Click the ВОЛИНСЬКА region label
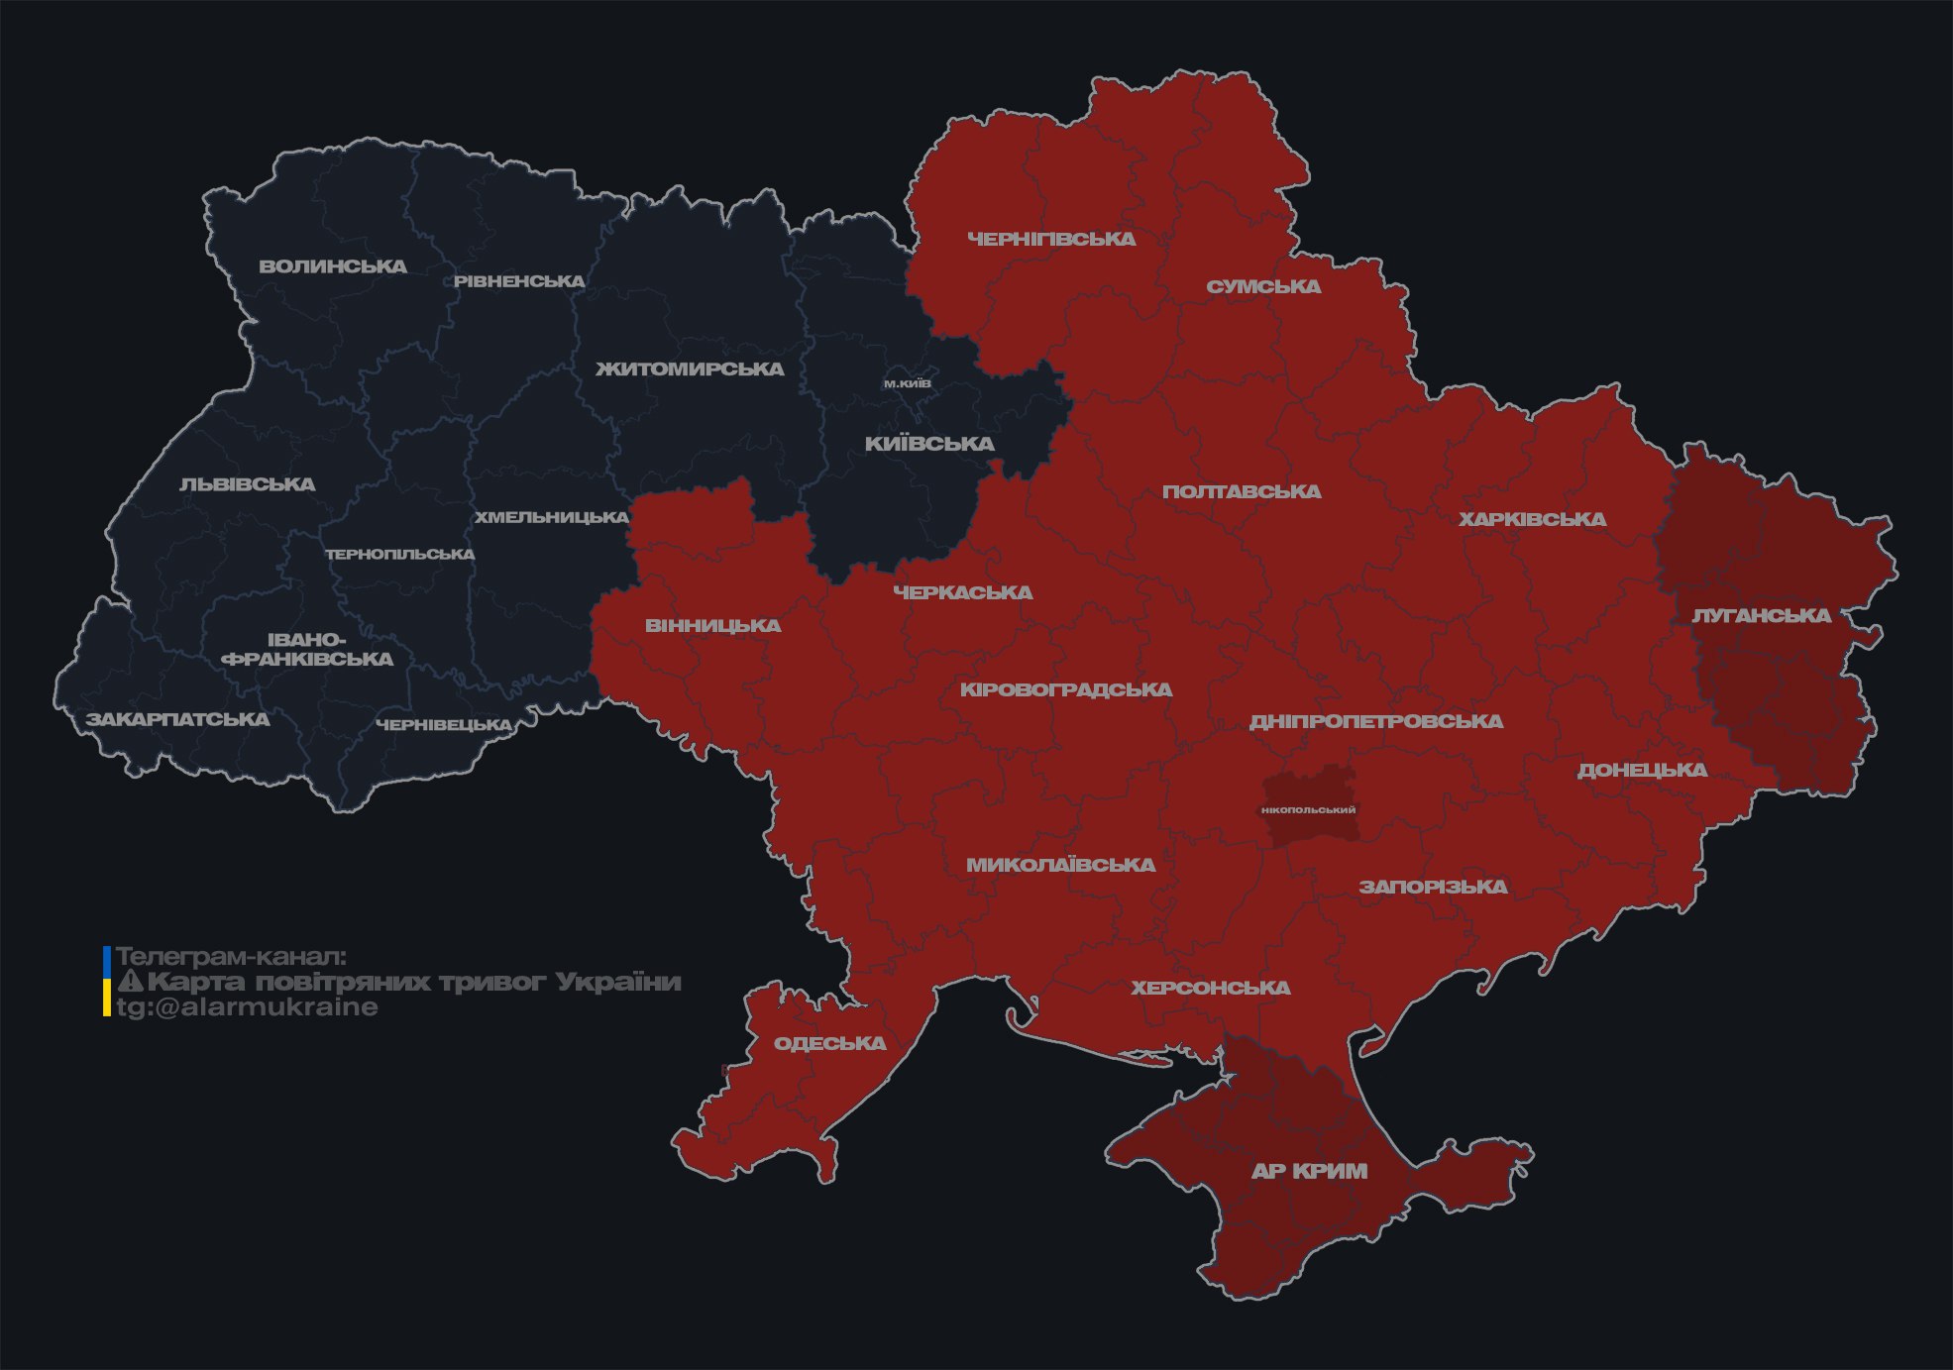point(333,266)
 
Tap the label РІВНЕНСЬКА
point(519,281)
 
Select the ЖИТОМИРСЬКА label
point(690,369)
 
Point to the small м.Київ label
point(908,383)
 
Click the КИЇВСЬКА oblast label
point(929,444)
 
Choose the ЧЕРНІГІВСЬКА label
point(1051,239)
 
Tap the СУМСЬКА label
point(1263,287)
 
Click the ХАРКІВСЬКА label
point(1532,519)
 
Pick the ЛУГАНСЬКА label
point(1761,616)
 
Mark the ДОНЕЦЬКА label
point(1642,770)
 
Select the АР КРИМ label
point(1309,1171)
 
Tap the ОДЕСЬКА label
point(829,1043)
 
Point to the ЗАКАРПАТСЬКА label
point(177,719)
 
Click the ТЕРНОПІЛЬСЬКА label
point(400,554)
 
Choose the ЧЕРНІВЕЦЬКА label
point(444,725)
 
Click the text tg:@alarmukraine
point(248,1007)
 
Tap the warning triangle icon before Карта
point(130,982)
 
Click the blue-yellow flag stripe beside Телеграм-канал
point(107,981)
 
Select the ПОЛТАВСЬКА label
point(1241,491)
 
